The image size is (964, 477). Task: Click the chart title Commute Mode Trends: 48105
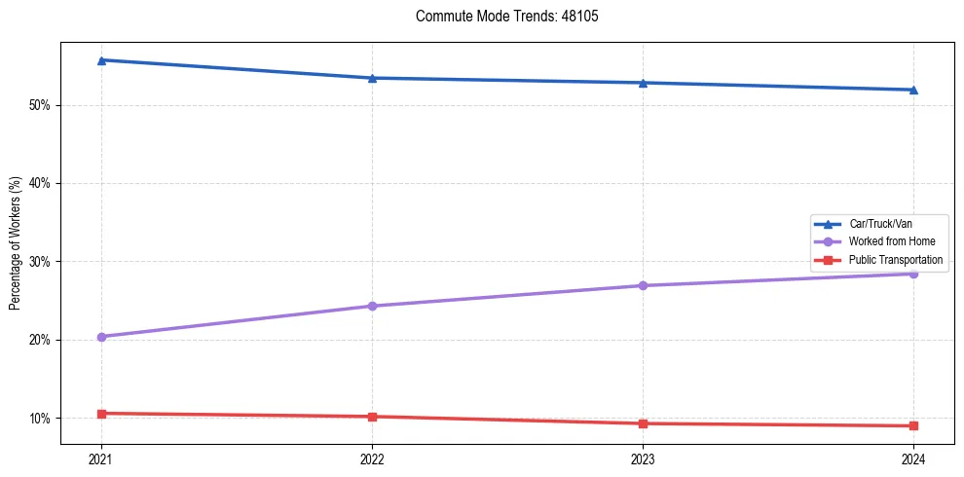click(500, 17)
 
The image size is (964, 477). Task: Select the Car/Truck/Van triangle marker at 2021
click(101, 60)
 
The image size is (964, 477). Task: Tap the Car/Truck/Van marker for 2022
click(372, 78)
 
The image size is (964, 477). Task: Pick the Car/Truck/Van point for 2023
click(643, 83)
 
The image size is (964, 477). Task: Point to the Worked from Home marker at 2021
click(101, 337)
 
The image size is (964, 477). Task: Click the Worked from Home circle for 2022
click(372, 306)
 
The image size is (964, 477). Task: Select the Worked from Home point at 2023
click(643, 285)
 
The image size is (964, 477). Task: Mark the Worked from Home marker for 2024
click(913, 274)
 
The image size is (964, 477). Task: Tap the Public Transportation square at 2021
click(101, 414)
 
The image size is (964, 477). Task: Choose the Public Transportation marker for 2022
click(372, 417)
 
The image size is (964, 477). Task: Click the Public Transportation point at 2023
click(643, 423)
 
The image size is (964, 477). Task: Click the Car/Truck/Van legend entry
click(879, 224)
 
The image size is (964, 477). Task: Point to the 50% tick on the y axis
click(42, 105)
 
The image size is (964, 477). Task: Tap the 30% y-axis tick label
click(42, 262)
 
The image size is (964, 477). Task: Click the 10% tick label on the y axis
click(42, 419)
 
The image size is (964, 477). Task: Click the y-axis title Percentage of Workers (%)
click(16, 243)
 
